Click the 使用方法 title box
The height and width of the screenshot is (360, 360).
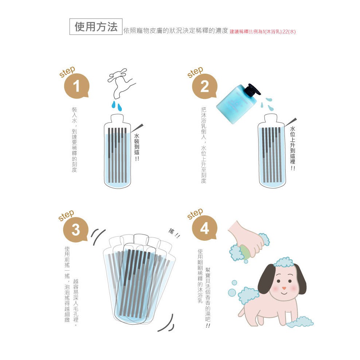point(96,27)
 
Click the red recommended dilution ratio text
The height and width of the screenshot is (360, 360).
point(262,32)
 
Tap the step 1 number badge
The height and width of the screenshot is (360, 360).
point(77,86)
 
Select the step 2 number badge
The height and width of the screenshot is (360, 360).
point(204,86)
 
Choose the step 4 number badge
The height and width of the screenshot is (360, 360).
point(204,228)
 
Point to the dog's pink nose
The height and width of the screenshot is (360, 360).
point(284,288)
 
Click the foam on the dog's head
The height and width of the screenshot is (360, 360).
point(284,262)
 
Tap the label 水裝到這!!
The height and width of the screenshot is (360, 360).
point(137,147)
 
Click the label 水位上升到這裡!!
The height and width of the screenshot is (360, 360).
point(293,148)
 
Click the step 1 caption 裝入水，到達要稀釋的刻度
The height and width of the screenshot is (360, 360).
point(74,140)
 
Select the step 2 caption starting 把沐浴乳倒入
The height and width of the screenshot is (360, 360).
point(204,145)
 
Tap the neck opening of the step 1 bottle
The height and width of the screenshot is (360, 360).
point(117,115)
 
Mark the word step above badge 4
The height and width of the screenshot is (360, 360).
point(195,214)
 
